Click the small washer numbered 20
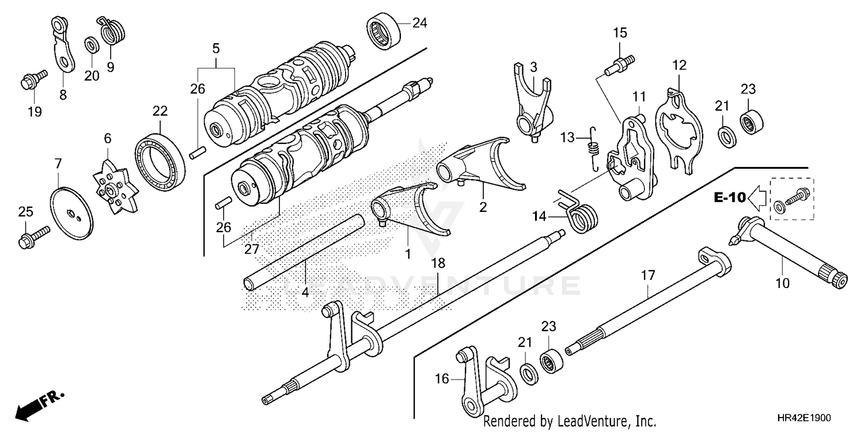(x=90, y=44)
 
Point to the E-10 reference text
(x=730, y=198)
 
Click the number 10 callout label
(x=782, y=283)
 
